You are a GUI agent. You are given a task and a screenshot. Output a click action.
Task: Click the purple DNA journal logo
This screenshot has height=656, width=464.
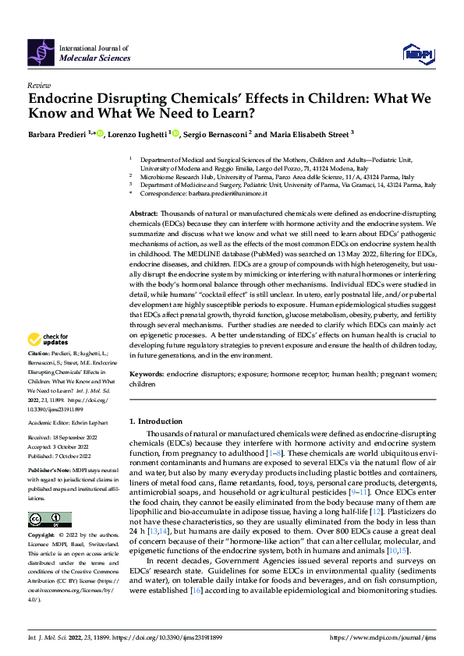coord(41,51)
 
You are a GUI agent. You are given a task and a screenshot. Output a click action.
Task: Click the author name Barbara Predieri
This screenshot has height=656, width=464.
coord(57,134)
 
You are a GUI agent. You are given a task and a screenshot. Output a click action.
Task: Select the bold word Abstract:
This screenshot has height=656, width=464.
coord(144,213)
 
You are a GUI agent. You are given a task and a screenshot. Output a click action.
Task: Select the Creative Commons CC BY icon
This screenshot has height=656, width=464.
coord(49,520)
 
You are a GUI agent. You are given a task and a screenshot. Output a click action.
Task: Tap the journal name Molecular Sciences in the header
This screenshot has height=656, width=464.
coord(95,58)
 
